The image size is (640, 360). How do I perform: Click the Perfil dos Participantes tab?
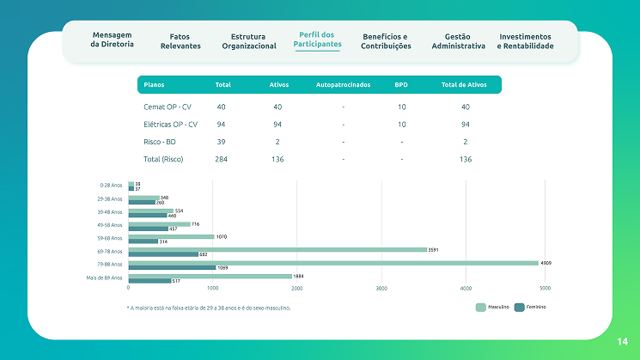click(x=317, y=40)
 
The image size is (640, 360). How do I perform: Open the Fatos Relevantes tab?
click(x=180, y=41)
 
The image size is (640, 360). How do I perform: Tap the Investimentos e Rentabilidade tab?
click(x=525, y=41)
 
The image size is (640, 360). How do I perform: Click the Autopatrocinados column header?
click(x=343, y=85)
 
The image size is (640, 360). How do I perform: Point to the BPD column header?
click(x=401, y=85)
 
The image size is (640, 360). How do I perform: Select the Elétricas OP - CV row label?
click(x=171, y=125)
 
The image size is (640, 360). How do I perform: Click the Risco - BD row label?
click(x=161, y=142)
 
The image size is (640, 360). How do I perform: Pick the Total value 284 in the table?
click(x=222, y=159)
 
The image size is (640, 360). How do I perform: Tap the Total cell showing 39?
click(x=222, y=142)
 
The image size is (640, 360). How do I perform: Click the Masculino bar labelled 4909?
click(x=333, y=263)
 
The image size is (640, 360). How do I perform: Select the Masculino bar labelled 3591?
click(x=277, y=249)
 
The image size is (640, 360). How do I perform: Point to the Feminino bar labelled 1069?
click(x=172, y=267)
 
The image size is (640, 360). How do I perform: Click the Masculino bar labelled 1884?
click(x=210, y=276)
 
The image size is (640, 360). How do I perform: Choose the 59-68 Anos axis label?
click(x=111, y=238)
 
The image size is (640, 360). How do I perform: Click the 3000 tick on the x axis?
click(x=381, y=288)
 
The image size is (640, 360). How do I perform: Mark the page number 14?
click(x=622, y=342)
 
